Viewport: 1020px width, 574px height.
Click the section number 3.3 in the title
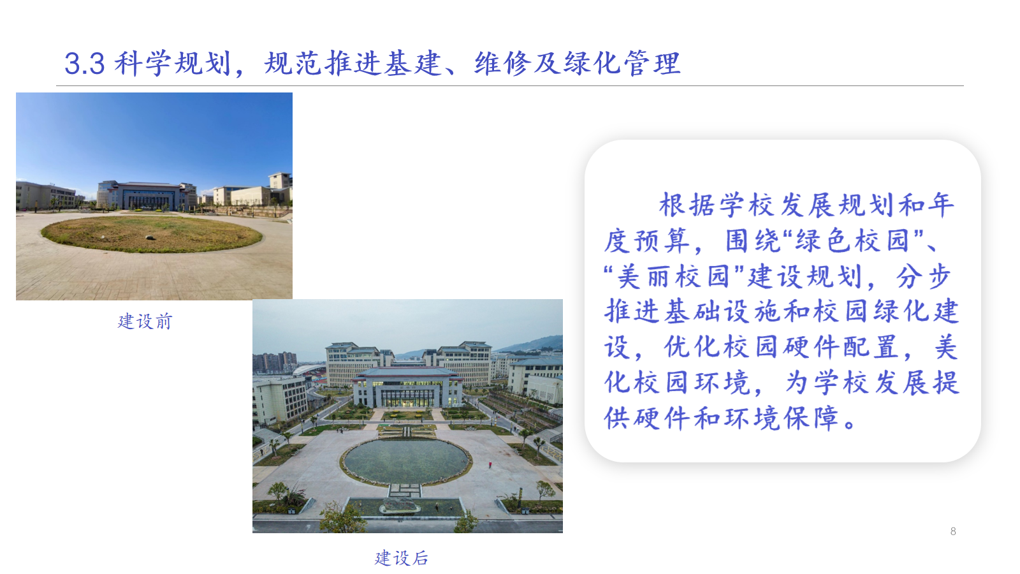pyautogui.click(x=85, y=64)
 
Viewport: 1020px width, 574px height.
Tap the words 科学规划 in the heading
pyautogui.click(x=173, y=63)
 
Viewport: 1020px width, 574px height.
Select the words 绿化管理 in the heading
pyautogui.click(x=622, y=63)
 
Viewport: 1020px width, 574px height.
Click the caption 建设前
pyautogui.click(x=145, y=321)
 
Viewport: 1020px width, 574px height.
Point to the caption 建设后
pyautogui.click(x=401, y=557)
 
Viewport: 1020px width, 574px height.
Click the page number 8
pyautogui.click(x=953, y=531)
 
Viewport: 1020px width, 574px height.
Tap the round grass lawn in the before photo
pyautogui.click(x=152, y=233)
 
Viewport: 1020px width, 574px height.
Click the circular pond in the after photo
pyautogui.click(x=406, y=460)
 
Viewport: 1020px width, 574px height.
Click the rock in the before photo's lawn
pyautogui.click(x=149, y=237)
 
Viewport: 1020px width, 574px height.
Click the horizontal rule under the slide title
pyautogui.click(x=510, y=85)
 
